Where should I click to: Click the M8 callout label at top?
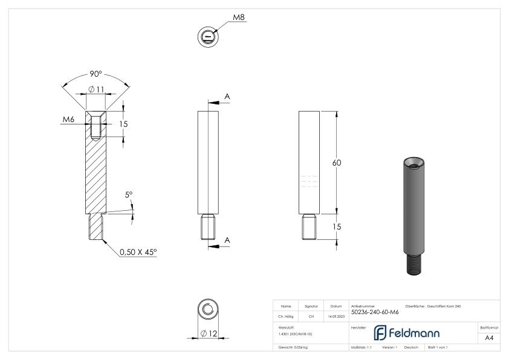(x=239, y=18)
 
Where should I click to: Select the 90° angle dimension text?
(x=96, y=74)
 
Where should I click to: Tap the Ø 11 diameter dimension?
(x=96, y=90)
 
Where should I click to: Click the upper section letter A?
(x=227, y=96)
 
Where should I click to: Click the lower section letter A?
(x=227, y=240)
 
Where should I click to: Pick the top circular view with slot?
(x=207, y=37)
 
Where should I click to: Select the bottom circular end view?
(x=207, y=310)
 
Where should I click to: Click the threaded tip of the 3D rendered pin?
(x=413, y=264)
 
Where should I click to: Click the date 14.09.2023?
(x=336, y=316)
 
